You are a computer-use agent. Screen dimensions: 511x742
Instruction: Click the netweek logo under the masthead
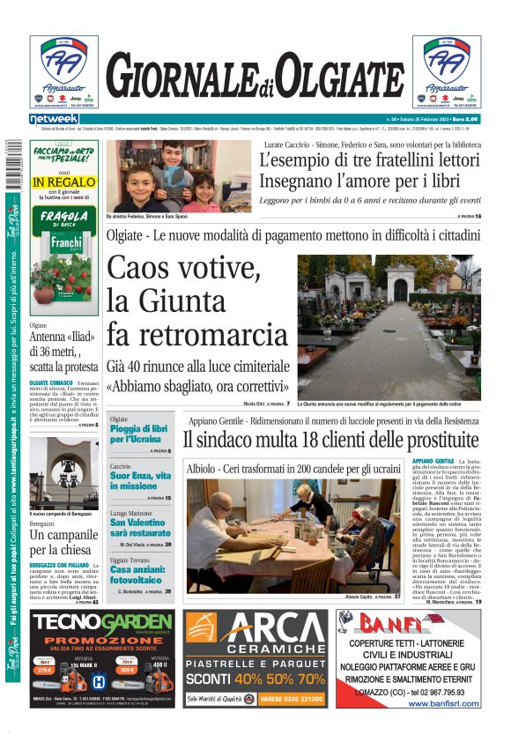pyautogui.click(x=54, y=118)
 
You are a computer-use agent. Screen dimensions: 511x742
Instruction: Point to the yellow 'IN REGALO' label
pyautogui.click(x=64, y=182)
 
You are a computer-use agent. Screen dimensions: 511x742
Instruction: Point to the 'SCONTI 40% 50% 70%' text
pyautogui.click(x=255, y=679)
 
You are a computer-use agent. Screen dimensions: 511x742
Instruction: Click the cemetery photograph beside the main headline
pyautogui.click(x=389, y=327)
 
